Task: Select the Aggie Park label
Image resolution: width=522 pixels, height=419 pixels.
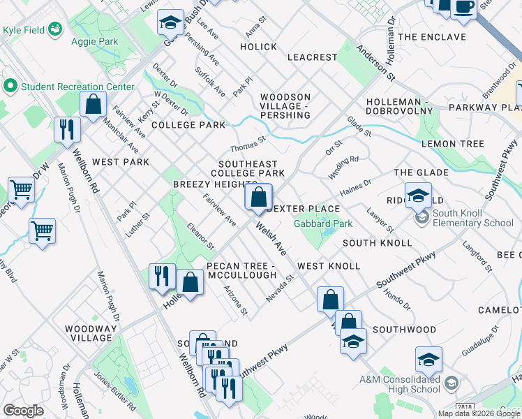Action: tap(94, 41)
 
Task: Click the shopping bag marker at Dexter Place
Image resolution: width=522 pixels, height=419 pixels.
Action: tap(258, 197)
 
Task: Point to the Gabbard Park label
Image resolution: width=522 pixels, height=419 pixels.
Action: tap(323, 223)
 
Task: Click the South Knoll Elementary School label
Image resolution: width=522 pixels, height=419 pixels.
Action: tap(472, 218)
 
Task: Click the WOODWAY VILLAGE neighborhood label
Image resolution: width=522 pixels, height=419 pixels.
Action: tap(89, 332)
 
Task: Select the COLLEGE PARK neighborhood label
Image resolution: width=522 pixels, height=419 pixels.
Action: tap(188, 125)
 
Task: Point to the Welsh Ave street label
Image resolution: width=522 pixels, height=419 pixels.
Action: tap(271, 238)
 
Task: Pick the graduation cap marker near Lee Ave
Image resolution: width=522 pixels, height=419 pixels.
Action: tap(169, 24)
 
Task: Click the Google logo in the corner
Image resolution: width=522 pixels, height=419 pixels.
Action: tap(23, 411)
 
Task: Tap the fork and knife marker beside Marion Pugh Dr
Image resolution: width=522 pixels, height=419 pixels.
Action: tap(67, 130)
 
